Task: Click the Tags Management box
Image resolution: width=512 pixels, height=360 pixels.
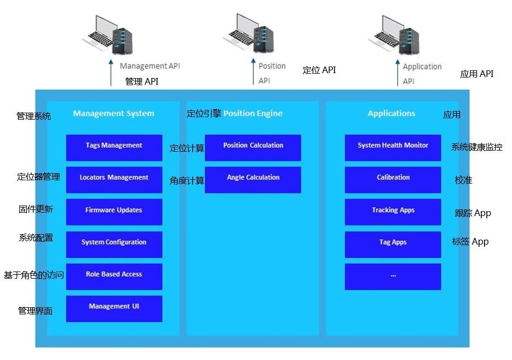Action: coord(114,147)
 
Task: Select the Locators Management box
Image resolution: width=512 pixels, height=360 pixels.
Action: coord(114,180)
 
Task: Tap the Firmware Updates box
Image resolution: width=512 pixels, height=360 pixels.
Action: coord(114,212)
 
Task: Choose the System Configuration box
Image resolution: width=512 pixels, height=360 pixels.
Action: coord(114,244)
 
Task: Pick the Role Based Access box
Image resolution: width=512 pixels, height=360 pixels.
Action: coord(114,276)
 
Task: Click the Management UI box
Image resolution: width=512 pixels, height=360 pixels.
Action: coord(114,308)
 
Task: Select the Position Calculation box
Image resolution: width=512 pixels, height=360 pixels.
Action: coord(253,147)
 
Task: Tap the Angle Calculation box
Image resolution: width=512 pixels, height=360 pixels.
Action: coord(253,180)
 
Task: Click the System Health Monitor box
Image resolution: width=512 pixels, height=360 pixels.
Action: coord(393,147)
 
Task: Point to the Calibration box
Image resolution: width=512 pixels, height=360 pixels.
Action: coord(393,180)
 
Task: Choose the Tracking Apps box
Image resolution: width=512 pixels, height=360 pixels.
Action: coord(393,212)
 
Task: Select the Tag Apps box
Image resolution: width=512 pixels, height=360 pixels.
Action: coord(393,244)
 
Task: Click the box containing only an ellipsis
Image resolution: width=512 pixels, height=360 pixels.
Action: coord(393,276)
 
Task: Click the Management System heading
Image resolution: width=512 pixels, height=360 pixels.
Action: coord(114,114)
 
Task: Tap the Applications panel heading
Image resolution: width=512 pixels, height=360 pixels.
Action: coord(391,114)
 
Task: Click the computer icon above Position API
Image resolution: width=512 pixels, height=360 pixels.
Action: coord(248,34)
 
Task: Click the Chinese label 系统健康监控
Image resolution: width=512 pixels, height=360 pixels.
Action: coord(476,147)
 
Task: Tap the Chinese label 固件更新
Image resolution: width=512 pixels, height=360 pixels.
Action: coord(36,209)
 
